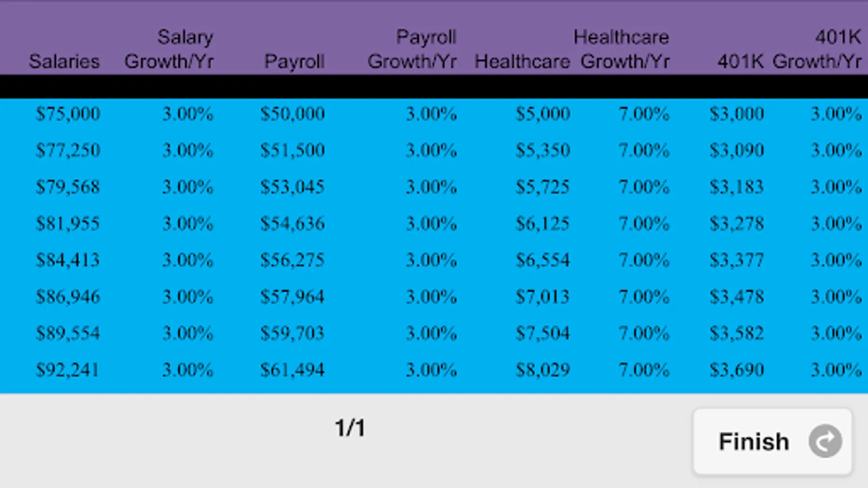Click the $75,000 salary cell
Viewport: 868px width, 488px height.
pos(68,114)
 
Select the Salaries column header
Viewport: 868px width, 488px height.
pos(65,61)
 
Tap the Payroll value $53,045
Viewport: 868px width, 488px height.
pos(292,187)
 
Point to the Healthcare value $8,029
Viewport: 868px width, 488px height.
pos(542,370)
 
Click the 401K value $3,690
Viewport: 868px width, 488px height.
pos(737,370)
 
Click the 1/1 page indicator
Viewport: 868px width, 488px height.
pos(350,428)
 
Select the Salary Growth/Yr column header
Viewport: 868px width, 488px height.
pos(169,49)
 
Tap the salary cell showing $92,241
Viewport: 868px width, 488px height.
pos(68,370)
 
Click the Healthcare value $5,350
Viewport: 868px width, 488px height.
pos(542,150)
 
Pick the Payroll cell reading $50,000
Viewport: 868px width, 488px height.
pos(292,114)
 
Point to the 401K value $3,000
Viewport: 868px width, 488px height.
pos(737,114)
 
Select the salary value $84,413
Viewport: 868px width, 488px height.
pos(68,260)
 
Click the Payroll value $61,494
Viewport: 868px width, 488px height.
pos(292,370)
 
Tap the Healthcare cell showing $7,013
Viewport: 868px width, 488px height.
pos(542,297)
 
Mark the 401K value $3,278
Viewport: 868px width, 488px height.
pos(737,223)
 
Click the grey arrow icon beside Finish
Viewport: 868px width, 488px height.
pos(825,441)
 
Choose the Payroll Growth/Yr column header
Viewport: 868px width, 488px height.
pos(412,49)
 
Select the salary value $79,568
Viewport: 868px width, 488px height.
pos(68,187)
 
